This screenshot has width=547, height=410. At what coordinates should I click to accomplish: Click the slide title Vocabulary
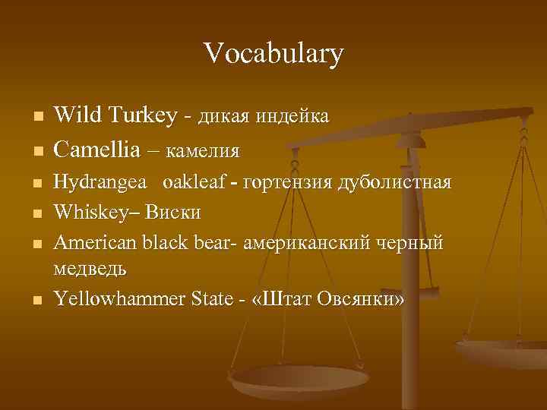coord(273,53)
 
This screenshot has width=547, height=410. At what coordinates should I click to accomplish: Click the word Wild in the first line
coord(77,115)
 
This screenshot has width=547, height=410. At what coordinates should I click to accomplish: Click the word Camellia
coord(98,150)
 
